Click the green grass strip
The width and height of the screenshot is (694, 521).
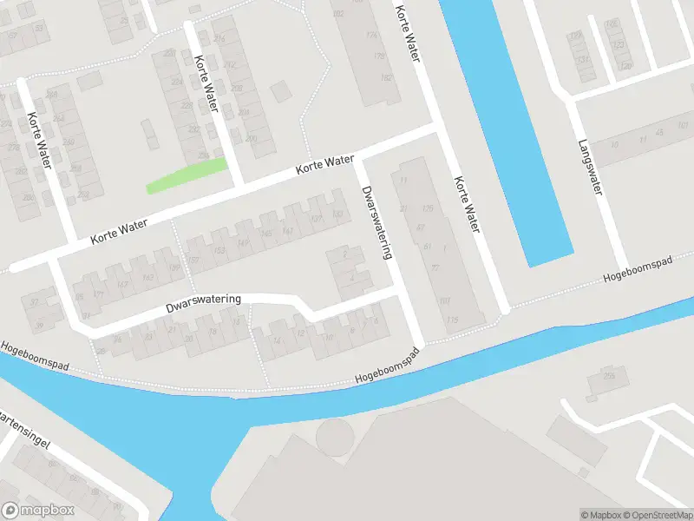[x=187, y=175]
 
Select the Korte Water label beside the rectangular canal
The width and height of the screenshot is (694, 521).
[x=465, y=204]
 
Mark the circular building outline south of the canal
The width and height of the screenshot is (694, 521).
[x=335, y=435]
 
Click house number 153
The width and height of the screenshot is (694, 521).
[x=219, y=250]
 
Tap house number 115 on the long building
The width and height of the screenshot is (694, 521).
[x=452, y=320]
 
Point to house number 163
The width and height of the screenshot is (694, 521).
[x=148, y=276]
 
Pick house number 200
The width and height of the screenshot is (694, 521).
[x=251, y=139]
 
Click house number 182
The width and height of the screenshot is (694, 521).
[x=386, y=78]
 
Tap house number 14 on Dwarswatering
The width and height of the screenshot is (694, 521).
[x=278, y=340]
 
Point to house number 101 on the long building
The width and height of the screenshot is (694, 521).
[x=445, y=300]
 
